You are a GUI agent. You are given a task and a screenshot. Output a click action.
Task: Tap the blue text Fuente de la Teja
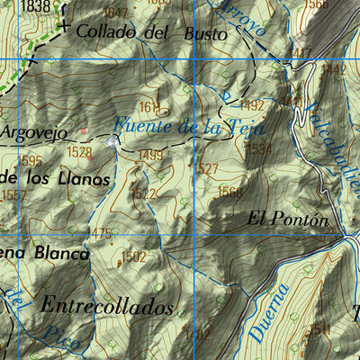(180, 127)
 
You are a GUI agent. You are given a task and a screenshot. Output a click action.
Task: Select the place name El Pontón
(283, 218)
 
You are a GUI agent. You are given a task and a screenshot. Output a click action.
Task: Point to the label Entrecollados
(107, 306)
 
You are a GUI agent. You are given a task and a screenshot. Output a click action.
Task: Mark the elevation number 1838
(35, 6)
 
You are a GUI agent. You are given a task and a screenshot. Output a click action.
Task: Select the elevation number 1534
(257, 148)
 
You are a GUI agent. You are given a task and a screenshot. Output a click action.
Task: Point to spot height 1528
(79, 152)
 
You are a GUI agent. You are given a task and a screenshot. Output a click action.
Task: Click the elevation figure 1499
(151, 156)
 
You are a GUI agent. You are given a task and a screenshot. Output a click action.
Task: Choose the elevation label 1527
(206, 169)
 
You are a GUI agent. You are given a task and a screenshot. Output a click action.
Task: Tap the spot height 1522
(144, 193)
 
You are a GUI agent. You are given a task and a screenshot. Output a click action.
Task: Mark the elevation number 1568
(230, 191)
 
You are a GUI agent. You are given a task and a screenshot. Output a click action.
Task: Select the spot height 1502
(133, 256)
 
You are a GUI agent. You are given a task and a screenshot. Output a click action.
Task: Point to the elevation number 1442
(334, 68)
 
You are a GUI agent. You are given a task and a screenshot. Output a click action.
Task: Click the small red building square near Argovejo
(83, 131)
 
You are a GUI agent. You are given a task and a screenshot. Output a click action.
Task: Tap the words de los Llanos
(56, 178)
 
